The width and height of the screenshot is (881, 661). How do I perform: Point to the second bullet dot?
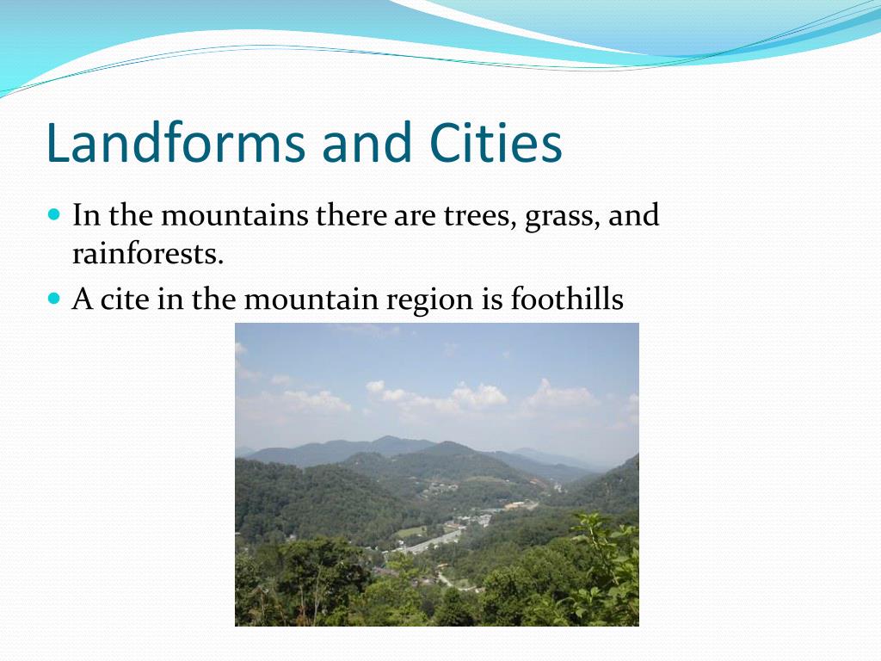tap(54, 298)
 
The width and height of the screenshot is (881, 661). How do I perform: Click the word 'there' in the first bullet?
tap(352, 215)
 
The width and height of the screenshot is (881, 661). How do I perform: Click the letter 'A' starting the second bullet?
tap(83, 300)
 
